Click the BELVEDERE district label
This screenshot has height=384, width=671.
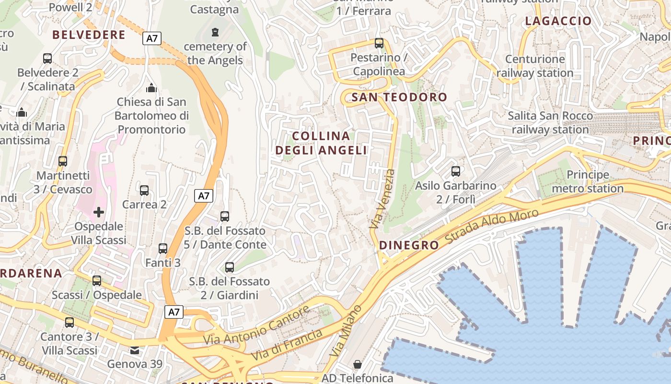click(x=89, y=35)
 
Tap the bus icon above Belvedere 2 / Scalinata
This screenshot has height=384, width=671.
click(x=47, y=59)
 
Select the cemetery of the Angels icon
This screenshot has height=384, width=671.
click(x=215, y=32)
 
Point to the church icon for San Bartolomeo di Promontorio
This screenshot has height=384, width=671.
click(x=151, y=88)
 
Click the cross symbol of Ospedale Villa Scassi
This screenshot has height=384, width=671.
click(x=99, y=212)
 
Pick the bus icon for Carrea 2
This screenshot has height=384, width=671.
click(x=144, y=191)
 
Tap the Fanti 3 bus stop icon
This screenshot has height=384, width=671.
click(x=163, y=248)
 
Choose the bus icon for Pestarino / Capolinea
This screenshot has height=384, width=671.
click(x=379, y=43)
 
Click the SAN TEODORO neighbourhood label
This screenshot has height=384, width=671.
click(x=399, y=97)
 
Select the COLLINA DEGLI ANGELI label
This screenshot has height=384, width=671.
click(x=321, y=143)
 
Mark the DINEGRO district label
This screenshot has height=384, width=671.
click(x=409, y=245)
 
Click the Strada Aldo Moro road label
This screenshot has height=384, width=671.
click(x=492, y=226)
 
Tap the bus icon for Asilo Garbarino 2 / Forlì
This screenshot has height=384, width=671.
click(x=456, y=171)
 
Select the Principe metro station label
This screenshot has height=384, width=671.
click(x=588, y=181)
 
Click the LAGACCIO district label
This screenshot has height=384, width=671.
click(x=558, y=21)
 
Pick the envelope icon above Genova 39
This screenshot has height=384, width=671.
click(x=135, y=350)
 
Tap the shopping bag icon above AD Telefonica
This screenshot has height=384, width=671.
click(x=357, y=364)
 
